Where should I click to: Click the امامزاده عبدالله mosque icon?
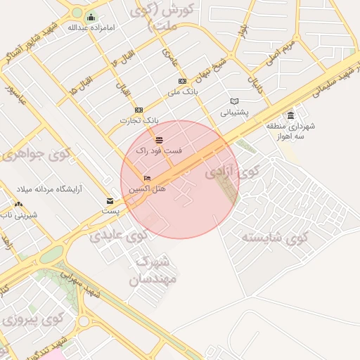(91, 17)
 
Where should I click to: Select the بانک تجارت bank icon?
(139, 110)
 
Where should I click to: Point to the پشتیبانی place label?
(234, 112)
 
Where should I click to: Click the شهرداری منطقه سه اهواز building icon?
(291, 115)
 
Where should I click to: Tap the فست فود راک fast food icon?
(160, 140)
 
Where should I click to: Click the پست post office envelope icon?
(110, 200)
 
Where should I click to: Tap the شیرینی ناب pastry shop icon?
(17, 205)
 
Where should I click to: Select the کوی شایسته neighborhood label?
(276, 237)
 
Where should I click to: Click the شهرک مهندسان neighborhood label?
(155, 271)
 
